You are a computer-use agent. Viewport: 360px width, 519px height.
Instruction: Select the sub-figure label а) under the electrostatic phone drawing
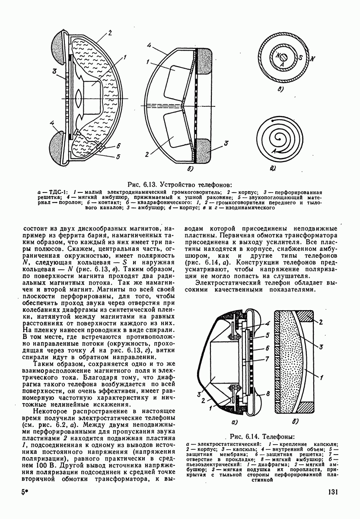236,421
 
